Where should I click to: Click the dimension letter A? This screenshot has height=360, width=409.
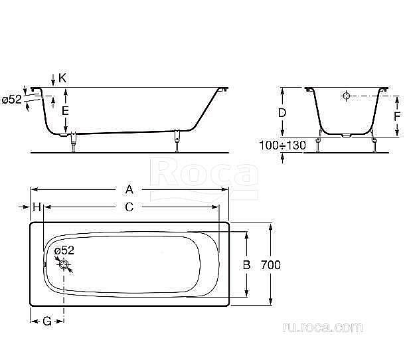[x=129, y=188]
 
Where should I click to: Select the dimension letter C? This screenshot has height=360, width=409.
[x=129, y=207]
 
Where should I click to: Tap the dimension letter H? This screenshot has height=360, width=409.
[x=37, y=207]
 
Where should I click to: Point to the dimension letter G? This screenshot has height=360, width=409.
[x=47, y=321]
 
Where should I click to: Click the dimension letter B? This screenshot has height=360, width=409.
[x=246, y=264]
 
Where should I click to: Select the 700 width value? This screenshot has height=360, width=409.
[x=271, y=264]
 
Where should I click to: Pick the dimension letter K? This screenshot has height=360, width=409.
[x=62, y=78]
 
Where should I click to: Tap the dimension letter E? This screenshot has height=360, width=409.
[x=65, y=111]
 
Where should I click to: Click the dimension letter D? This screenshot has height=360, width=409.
[x=282, y=113]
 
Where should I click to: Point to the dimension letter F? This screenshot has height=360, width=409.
[x=396, y=116]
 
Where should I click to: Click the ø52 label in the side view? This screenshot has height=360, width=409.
[x=11, y=100]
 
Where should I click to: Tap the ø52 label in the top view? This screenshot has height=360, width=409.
[x=64, y=250]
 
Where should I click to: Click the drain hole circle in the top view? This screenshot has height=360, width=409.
[x=64, y=264]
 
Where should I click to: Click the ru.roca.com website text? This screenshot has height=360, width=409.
[x=322, y=327]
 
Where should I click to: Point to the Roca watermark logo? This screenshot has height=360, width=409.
[x=204, y=174]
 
